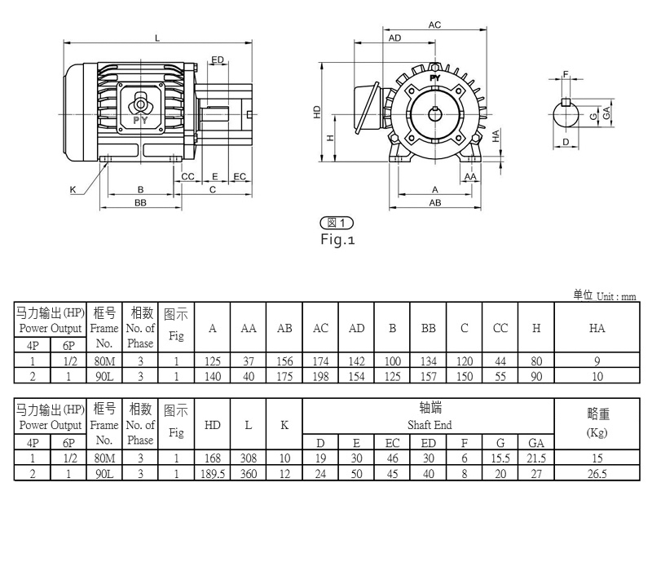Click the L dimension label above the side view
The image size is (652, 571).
point(157,38)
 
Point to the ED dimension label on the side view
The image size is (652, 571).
point(218,60)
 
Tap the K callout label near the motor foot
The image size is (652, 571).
point(73,190)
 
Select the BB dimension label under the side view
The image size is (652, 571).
point(140,202)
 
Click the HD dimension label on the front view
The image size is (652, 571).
point(317,112)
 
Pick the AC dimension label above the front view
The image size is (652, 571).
point(434,25)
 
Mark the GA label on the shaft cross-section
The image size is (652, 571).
point(606,113)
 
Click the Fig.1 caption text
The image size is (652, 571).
point(337,239)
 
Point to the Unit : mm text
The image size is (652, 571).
point(616,296)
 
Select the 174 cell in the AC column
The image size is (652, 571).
point(320,361)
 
